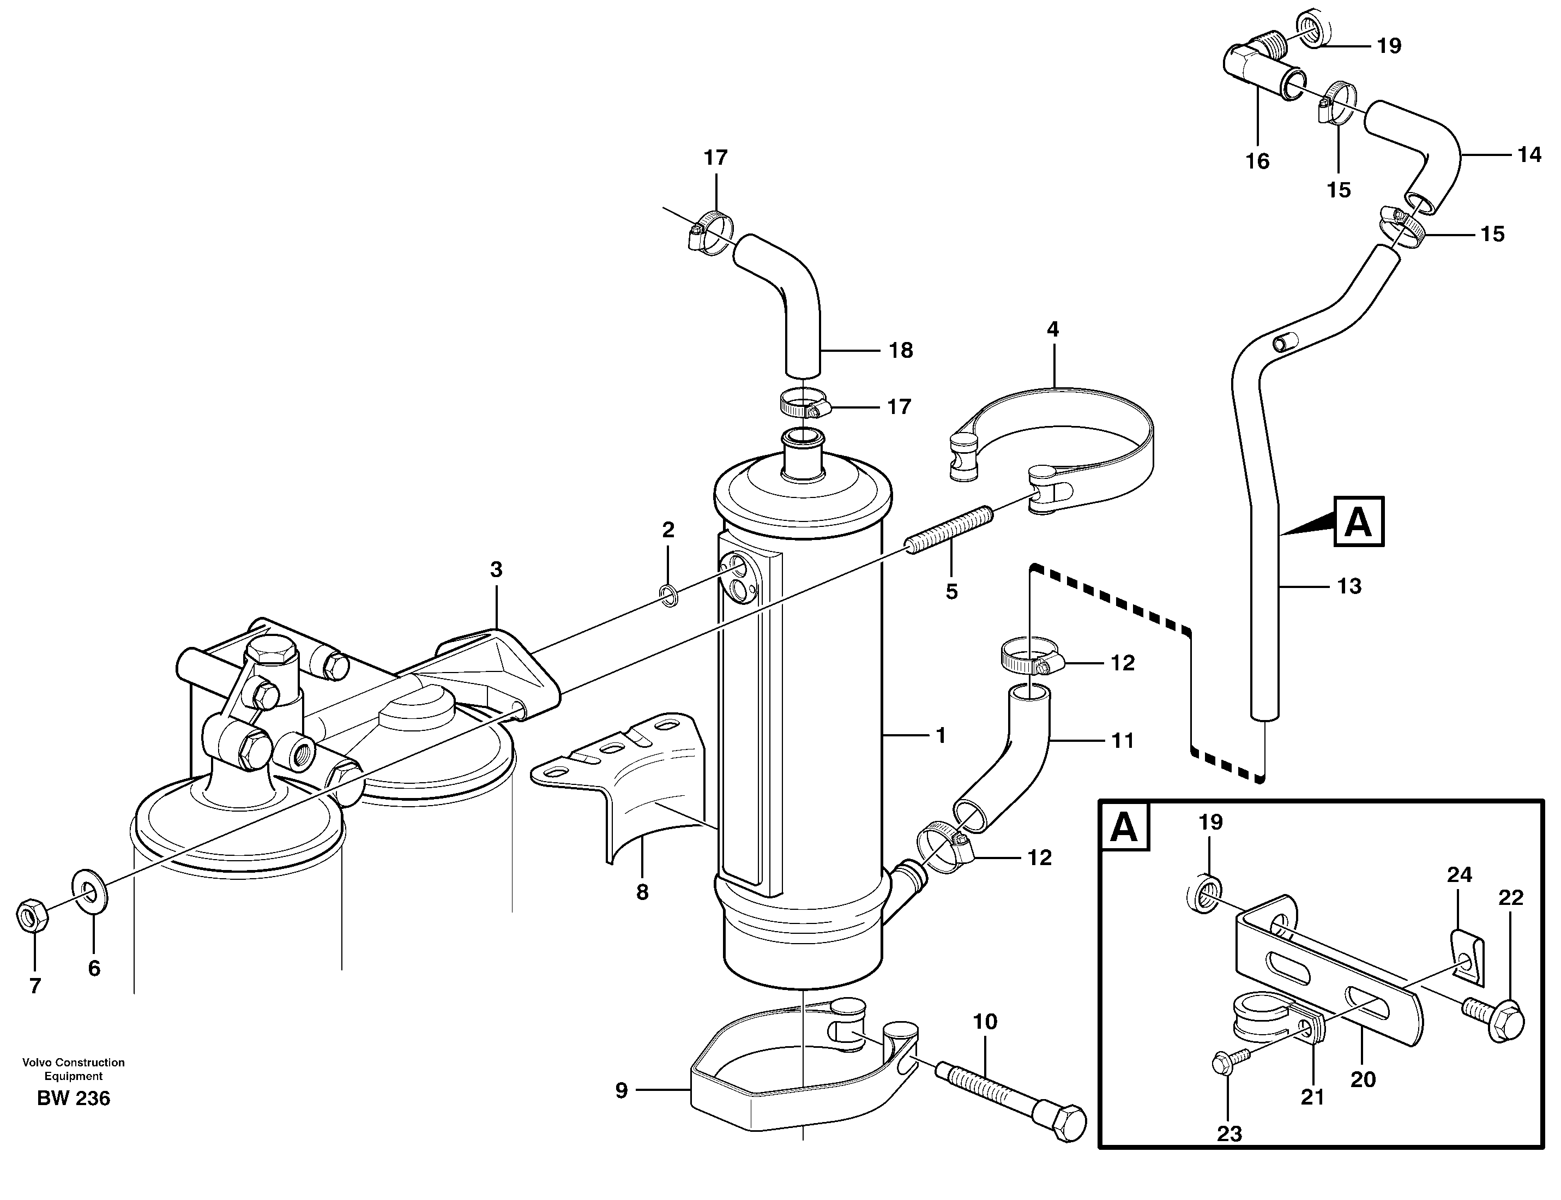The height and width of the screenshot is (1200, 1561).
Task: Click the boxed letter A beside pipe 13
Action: (x=1358, y=522)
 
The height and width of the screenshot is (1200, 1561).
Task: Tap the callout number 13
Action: (x=1348, y=586)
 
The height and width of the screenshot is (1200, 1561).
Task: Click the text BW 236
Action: (x=74, y=1098)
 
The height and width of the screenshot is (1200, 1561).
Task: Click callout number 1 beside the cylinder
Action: (x=941, y=735)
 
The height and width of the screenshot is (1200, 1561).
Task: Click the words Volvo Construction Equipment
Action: (x=74, y=1069)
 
